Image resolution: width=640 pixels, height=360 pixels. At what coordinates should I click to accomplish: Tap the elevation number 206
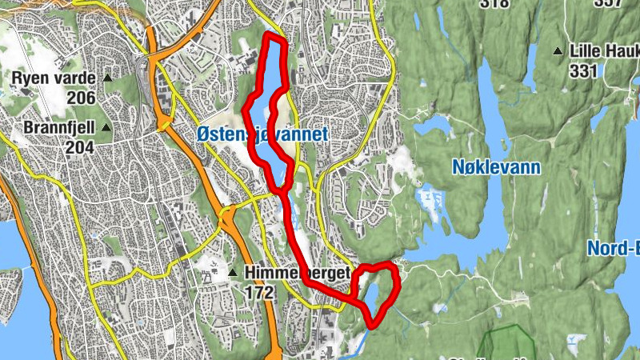[x=81, y=98]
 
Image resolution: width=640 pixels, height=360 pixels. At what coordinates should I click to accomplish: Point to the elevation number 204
[x=81, y=147]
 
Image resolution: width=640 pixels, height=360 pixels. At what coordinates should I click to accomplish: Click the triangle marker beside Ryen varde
[x=107, y=78]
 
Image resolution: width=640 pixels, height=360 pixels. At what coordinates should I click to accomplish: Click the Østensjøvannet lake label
[x=262, y=135]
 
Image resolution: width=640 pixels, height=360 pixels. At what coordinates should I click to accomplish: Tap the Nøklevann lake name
[x=496, y=167]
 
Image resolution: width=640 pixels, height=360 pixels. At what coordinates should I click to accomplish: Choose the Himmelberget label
[x=298, y=274]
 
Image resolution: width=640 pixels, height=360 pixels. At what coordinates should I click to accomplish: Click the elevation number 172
[x=260, y=294]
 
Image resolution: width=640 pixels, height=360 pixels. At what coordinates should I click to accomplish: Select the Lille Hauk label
[x=604, y=51]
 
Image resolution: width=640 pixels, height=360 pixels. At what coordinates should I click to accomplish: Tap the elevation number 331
[x=585, y=70]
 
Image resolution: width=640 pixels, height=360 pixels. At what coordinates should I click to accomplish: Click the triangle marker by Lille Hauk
[x=558, y=52]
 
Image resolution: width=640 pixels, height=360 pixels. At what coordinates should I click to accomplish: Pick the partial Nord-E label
[x=614, y=248]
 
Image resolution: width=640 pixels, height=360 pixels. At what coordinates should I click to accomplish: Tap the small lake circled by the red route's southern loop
[x=374, y=296]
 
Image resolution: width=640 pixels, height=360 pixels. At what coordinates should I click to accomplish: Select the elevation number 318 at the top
[x=494, y=3]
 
